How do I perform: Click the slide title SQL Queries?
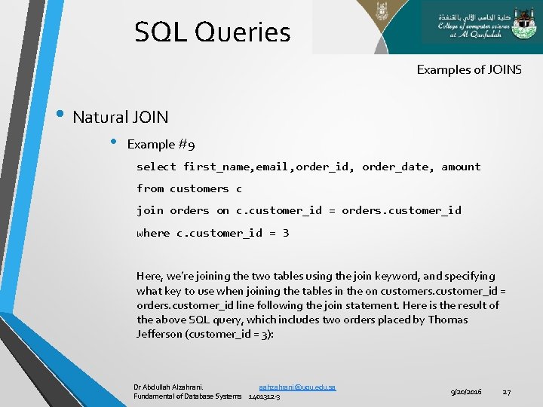tap(212, 32)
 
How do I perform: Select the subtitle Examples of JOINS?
tap(468, 69)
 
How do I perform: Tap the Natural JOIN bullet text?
tap(121, 117)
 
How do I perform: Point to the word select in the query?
tap(156, 167)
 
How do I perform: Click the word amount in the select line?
tap(461, 167)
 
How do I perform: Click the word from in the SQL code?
tap(149, 188)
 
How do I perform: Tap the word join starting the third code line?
tap(149, 210)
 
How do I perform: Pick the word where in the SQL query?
tap(153, 233)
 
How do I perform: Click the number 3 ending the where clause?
tap(286, 233)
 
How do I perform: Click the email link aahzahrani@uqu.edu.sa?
tap(297, 387)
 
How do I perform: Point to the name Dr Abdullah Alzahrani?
tap(168, 387)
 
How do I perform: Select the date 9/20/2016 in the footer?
tap(467, 392)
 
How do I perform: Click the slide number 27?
tap(507, 392)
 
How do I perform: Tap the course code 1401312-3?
tap(264, 396)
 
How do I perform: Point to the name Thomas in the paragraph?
tap(448, 320)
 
